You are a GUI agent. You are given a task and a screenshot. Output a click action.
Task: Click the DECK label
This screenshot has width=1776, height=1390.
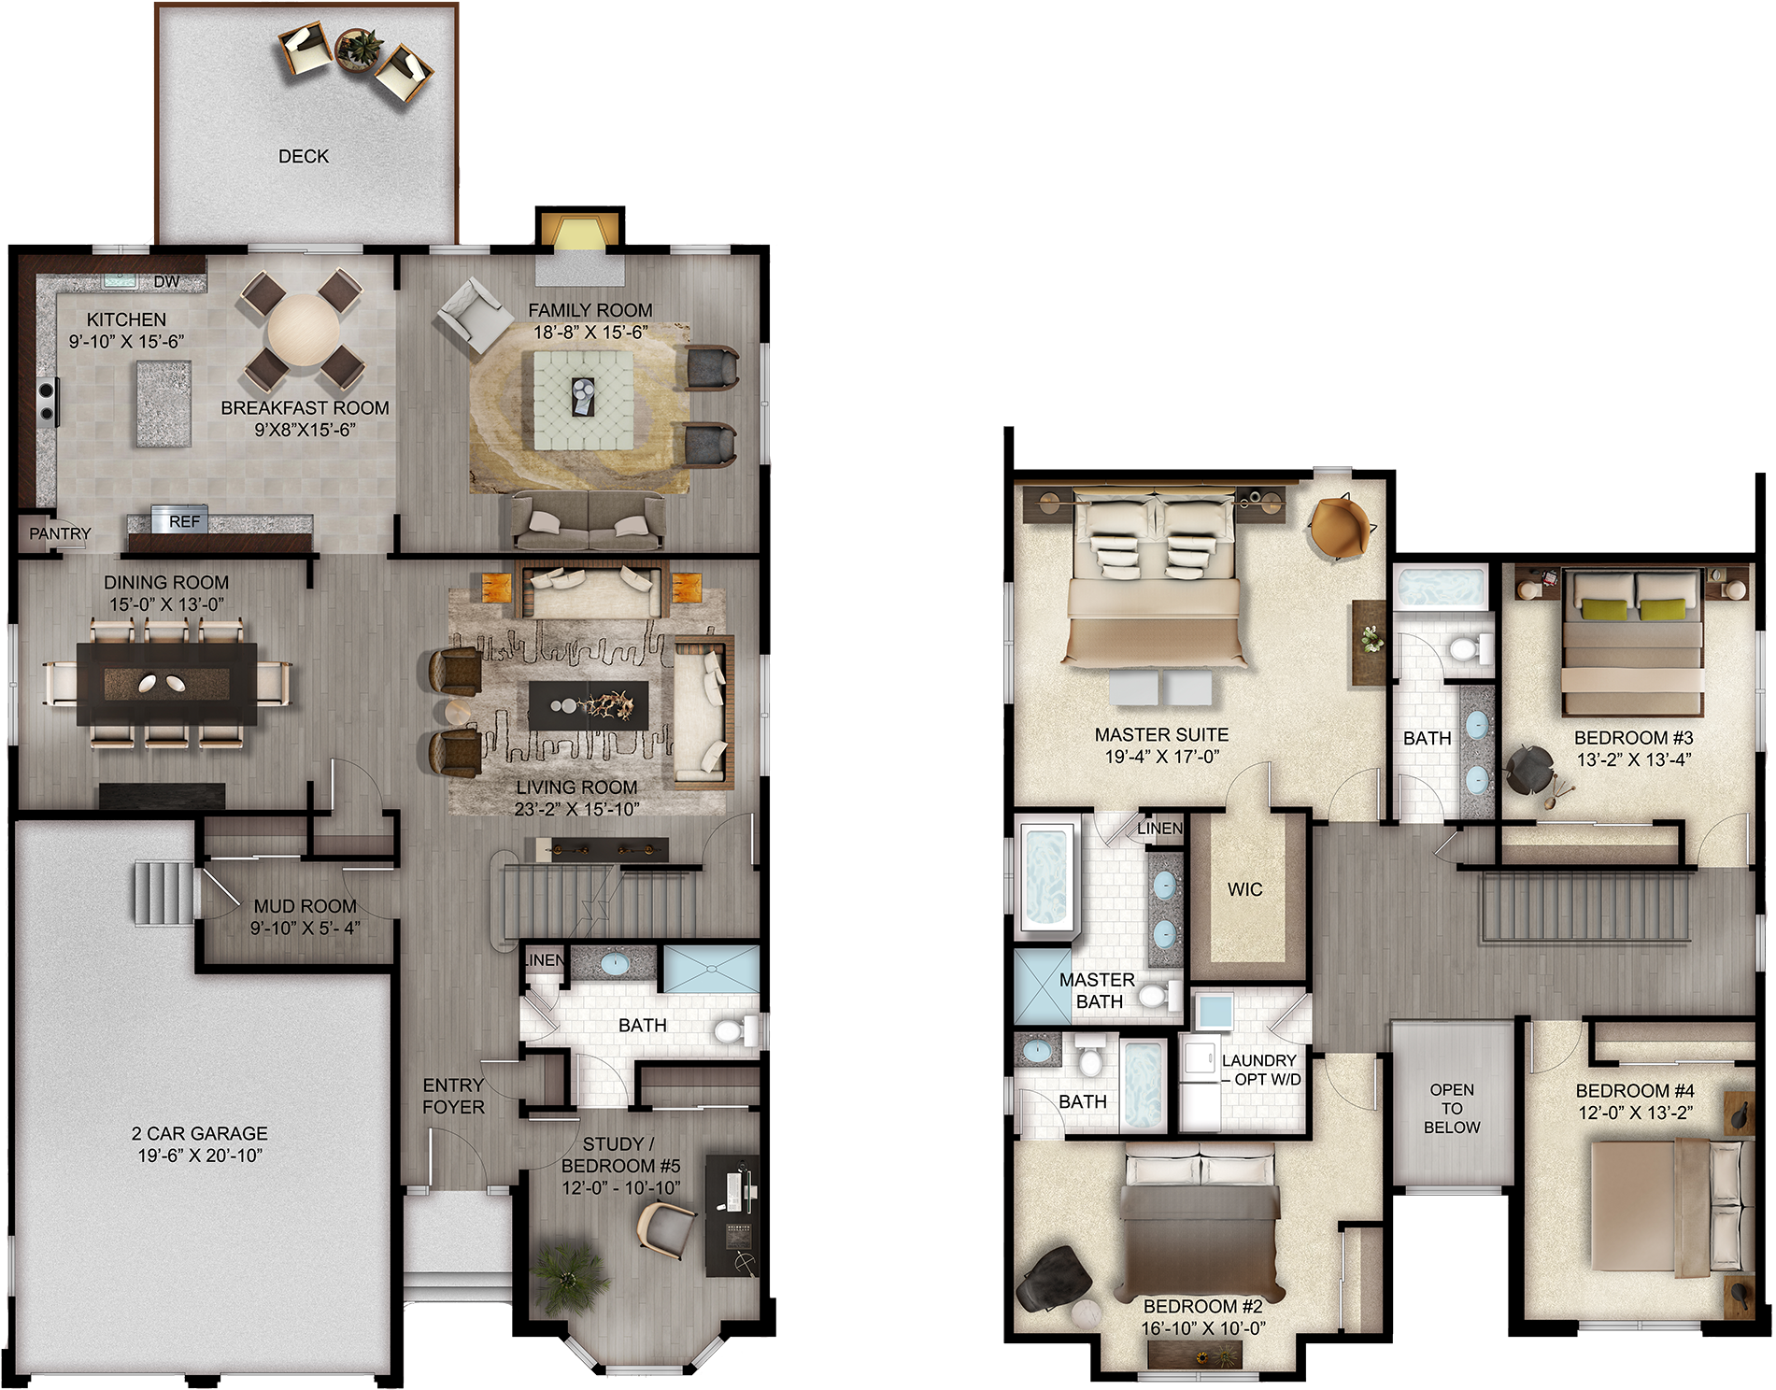(304, 156)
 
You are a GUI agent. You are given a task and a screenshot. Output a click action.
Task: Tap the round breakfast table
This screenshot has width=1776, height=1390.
(304, 330)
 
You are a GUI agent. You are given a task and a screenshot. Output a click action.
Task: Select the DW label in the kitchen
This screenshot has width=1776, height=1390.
(166, 281)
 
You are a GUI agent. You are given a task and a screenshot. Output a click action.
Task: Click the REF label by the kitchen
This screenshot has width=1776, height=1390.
(184, 521)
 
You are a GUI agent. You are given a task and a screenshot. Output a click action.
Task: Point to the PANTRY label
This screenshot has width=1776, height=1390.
(60, 533)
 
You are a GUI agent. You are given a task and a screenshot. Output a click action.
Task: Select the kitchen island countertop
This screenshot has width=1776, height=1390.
(164, 404)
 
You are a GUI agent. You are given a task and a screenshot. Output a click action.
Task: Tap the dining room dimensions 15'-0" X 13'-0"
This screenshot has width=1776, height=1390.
(166, 604)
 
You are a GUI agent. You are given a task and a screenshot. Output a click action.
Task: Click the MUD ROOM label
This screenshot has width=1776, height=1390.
(305, 906)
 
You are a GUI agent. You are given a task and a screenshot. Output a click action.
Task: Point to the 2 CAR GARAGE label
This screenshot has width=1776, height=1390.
(200, 1133)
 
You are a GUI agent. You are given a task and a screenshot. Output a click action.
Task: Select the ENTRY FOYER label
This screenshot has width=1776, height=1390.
(453, 1096)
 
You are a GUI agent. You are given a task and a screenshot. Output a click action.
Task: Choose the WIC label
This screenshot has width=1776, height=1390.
(1245, 889)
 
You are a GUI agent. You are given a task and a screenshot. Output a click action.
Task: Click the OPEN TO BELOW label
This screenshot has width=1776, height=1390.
(1452, 1108)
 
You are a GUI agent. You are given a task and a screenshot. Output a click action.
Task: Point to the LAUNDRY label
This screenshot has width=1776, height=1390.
(1258, 1060)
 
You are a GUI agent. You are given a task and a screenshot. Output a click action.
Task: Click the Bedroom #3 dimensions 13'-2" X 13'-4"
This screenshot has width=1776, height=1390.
(1634, 759)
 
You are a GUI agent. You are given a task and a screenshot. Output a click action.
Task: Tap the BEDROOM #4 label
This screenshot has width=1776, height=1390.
(1635, 1090)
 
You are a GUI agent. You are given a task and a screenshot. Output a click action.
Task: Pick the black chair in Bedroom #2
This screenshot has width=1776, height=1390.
(1054, 1278)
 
